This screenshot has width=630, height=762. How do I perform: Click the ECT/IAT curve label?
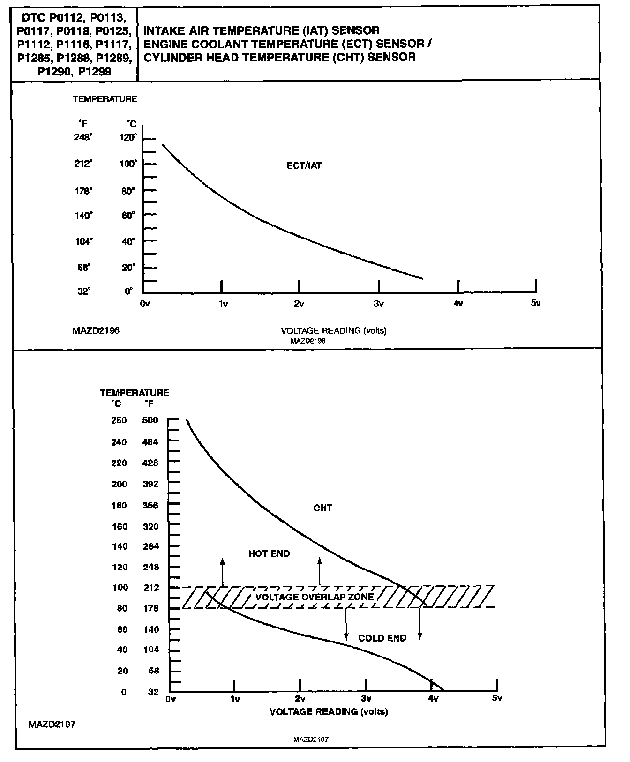pos(304,165)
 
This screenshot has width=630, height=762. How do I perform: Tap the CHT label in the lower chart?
pos(323,508)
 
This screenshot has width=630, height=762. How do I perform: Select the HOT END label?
pos(269,554)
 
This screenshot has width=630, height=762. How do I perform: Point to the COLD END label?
pos(382,638)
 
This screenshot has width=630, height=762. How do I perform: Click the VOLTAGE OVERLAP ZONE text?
pos(315,597)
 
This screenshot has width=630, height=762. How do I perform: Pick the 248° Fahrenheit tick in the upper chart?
pos(83,137)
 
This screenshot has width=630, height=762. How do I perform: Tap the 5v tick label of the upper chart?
pos(536,303)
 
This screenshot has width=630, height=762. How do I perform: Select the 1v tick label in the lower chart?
pos(235,699)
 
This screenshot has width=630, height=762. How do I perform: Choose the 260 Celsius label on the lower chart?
pos(119,420)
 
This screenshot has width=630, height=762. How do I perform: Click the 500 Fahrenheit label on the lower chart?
pos(150,420)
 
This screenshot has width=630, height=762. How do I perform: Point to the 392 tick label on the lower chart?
pos(150,484)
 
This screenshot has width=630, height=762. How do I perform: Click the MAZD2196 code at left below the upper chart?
pos(96,331)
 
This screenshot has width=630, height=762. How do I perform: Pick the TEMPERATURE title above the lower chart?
pos(135,393)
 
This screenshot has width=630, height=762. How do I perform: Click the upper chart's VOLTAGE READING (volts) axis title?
pos(333,331)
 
